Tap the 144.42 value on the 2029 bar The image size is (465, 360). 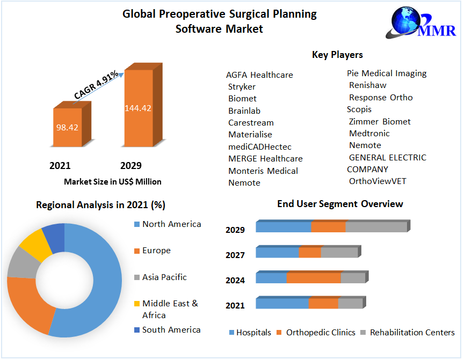138,108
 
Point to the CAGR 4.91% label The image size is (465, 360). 97,85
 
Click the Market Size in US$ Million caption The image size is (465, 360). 113,181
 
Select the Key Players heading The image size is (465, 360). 337,55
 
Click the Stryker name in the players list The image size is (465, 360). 242,86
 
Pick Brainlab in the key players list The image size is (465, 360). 244,111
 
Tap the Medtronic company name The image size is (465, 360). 369,133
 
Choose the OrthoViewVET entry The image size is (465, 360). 378,181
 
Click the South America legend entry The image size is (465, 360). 171,330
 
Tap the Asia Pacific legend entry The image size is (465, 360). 164,277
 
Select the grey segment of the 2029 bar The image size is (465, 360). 376,227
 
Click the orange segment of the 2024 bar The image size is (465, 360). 314,278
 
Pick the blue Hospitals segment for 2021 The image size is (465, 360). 282,304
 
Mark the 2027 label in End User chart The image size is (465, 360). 235,255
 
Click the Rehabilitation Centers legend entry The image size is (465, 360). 412,333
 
